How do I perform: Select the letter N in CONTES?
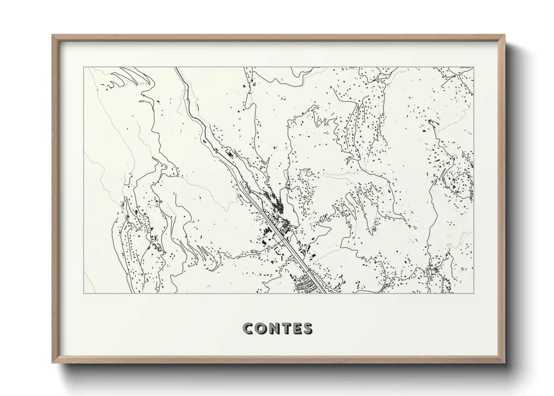pos(273,328)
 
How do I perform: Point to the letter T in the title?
pos(285,328)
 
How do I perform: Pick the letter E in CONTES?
pos(296,328)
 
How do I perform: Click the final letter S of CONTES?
pos(308,328)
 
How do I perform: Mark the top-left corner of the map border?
pos(83,67)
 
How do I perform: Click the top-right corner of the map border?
pos(474,67)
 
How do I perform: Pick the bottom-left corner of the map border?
pos(83,293)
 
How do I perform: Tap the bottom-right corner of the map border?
pos(474,293)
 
